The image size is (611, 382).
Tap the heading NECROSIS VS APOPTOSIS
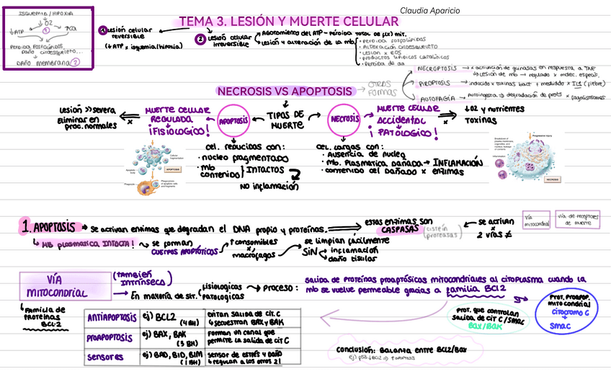pyautogui.click(x=285, y=92)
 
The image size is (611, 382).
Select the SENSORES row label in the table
pyautogui.click(x=106, y=357)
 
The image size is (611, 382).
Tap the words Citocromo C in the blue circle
pyautogui.click(x=572, y=314)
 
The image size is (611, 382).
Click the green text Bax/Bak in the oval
pyautogui.click(x=485, y=325)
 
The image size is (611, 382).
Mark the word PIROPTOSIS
pyautogui.click(x=436, y=83)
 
